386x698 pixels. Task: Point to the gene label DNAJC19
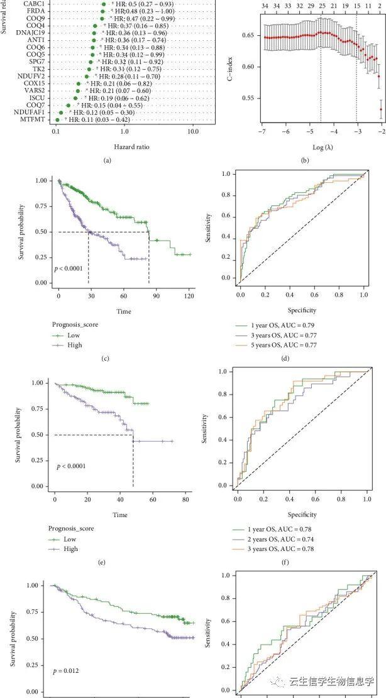tap(31, 33)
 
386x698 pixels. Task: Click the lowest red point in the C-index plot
tap(381, 109)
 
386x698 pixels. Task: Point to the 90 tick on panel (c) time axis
tap(157, 295)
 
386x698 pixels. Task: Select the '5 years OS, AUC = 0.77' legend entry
tap(278, 345)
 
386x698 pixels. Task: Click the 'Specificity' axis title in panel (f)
tap(302, 515)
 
